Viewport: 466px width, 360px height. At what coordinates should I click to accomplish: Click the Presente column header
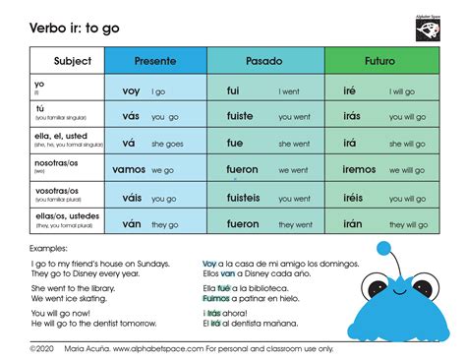click(155, 61)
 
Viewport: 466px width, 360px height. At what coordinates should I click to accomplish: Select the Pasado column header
click(264, 61)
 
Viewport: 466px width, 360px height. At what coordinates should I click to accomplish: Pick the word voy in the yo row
click(131, 90)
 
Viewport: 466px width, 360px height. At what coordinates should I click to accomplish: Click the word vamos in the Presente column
click(128, 170)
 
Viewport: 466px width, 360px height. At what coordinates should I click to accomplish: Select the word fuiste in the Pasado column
click(241, 117)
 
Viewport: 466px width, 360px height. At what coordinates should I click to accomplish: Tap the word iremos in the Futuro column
click(359, 170)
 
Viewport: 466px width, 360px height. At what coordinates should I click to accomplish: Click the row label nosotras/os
click(57, 165)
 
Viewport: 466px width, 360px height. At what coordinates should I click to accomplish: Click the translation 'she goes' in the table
click(168, 144)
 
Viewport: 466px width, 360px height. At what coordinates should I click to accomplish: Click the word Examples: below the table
click(49, 249)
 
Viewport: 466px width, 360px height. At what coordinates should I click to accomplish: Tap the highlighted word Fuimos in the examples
click(215, 297)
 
